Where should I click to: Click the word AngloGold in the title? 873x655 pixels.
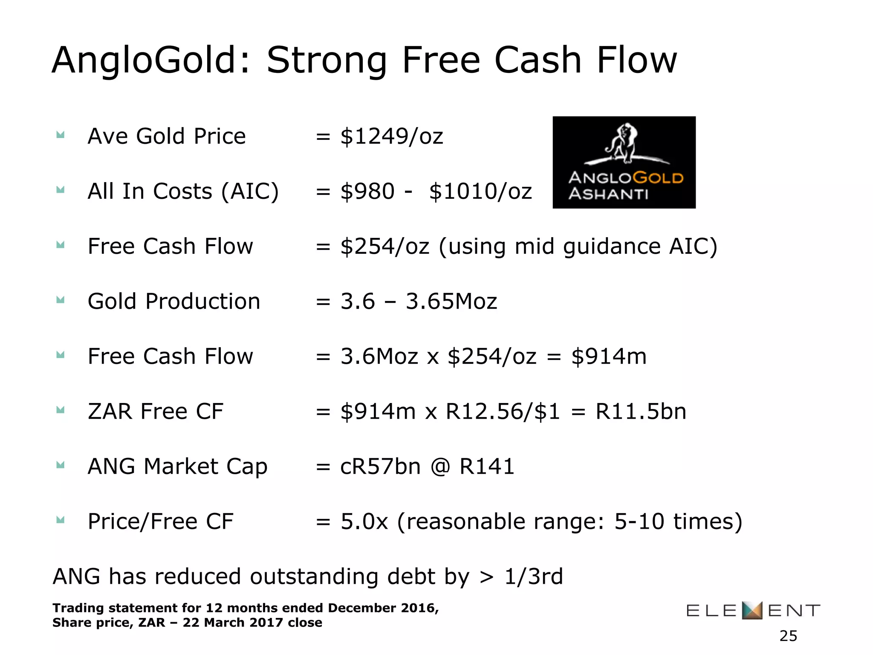point(144,61)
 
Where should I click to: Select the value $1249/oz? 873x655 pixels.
point(392,136)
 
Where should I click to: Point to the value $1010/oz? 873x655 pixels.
point(480,191)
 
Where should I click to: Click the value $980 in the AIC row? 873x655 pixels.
point(367,191)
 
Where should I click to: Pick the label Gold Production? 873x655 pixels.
point(174,301)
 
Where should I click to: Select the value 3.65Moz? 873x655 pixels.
point(451,301)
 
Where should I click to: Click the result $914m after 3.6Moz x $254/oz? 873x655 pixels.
point(609,356)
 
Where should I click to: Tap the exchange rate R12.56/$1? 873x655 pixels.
point(503,412)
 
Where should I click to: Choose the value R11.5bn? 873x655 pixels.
point(641,412)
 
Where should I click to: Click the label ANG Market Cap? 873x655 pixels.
point(177,467)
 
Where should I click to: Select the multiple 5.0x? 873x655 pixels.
point(364,522)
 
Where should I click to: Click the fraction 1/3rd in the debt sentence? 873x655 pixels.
point(534,577)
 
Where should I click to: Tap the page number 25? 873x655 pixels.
point(788,636)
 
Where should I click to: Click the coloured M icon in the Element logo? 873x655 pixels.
point(752,610)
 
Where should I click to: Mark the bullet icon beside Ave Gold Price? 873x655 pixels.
point(61,136)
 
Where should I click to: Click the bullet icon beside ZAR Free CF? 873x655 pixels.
point(61,411)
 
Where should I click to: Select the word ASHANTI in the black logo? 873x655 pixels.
point(608,194)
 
